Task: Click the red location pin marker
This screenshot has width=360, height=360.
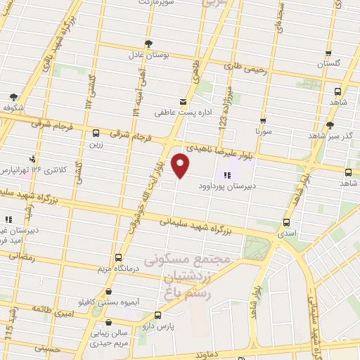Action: point(181,166)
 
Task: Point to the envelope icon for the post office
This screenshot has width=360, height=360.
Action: point(183,101)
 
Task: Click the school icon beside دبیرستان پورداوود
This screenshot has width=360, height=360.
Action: point(226,175)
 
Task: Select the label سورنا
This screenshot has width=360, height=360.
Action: point(263,131)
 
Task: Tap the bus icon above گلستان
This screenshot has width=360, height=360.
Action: point(328,53)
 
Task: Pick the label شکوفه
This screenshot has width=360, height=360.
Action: point(14,108)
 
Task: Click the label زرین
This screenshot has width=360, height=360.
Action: point(96,144)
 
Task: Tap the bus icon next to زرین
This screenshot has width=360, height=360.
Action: point(96,134)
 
